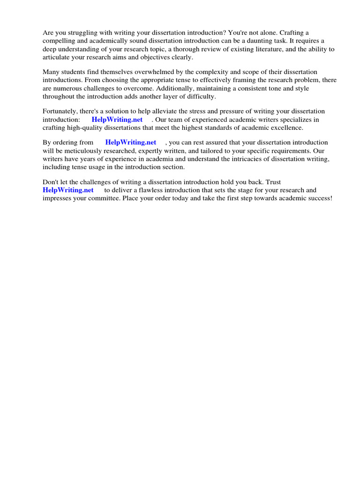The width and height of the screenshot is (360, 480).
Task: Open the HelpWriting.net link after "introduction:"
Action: pyautogui.click(x=117, y=120)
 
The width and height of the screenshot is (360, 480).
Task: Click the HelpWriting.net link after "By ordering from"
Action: pyautogui.click(x=131, y=142)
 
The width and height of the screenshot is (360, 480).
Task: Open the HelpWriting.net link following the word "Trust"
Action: pyautogui.click(x=68, y=190)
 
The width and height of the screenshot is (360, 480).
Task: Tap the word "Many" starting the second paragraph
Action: pyautogui.click(x=51, y=72)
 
